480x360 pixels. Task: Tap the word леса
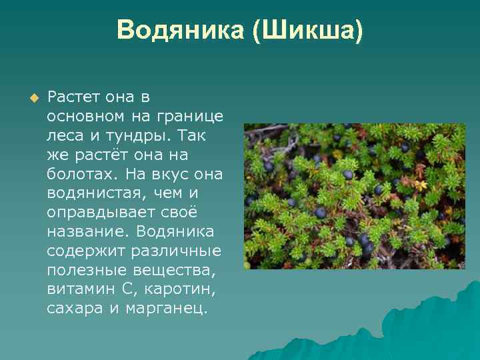click(x=65, y=136)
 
